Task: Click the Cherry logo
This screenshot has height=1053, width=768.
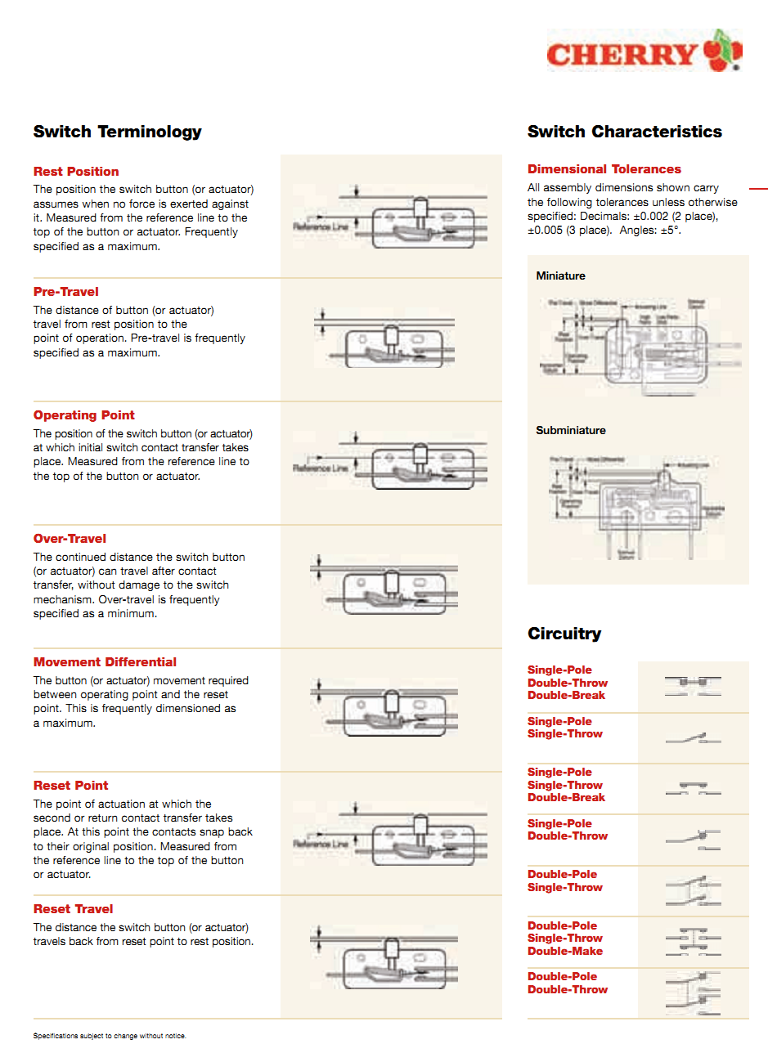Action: (x=644, y=52)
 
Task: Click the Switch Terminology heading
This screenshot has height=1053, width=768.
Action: (x=117, y=132)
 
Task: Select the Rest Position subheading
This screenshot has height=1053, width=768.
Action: (x=76, y=172)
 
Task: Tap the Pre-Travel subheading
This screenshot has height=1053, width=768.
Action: (x=66, y=292)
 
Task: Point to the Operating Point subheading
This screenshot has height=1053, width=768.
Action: (x=84, y=415)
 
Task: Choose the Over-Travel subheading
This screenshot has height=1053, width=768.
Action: (x=70, y=539)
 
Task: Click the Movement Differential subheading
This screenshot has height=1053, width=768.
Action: (x=105, y=662)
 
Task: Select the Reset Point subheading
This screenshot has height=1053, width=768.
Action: (x=71, y=786)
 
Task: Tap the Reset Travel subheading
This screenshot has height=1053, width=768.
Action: (x=74, y=909)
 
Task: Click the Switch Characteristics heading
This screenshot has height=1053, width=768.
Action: (x=625, y=132)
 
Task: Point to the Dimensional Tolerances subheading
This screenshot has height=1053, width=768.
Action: (x=604, y=169)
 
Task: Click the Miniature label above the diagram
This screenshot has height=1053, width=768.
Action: (x=560, y=276)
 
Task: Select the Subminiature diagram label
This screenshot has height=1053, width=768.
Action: (x=571, y=431)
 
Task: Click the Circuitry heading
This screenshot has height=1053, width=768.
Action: (x=564, y=634)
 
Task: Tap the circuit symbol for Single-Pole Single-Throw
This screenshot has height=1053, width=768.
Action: (x=692, y=738)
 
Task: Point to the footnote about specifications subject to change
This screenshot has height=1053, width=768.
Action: (x=110, y=1036)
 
